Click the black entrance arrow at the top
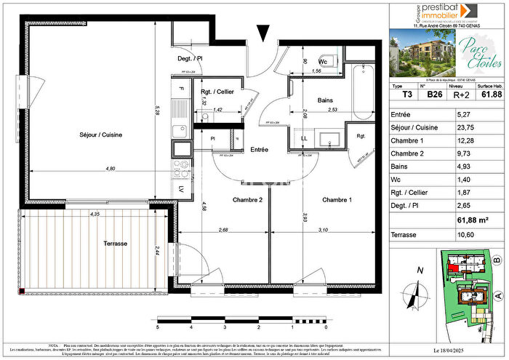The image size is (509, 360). pyautogui.click(x=264, y=33)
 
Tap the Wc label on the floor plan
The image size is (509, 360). pyautogui.click(x=326, y=63)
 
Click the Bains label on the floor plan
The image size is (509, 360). pyautogui.click(x=325, y=101)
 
